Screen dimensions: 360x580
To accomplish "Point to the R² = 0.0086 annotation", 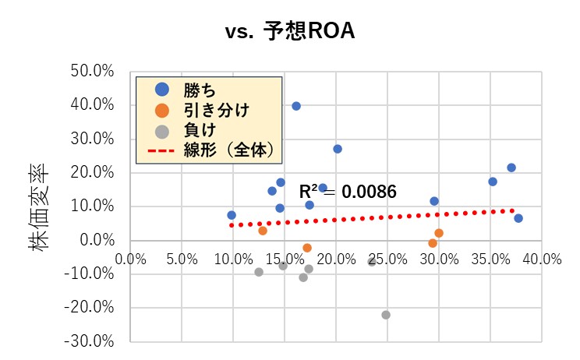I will pyautogui.click(x=348, y=191).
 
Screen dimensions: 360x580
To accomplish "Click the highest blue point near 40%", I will pyautogui.click(x=296, y=106).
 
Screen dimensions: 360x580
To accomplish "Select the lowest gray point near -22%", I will pyautogui.click(x=386, y=315).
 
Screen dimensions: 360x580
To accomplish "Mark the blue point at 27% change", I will pyautogui.click(x=338, y=149).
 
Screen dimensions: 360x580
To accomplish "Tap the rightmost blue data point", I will pyautogui.click(x=518, y=218).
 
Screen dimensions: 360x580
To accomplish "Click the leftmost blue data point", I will pyautogui.click(x=232, y=215).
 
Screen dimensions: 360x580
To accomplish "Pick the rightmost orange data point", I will pyautogui.click(x=439, y=233).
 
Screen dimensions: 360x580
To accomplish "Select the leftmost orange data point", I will pyautogui.click(x=263, y=231).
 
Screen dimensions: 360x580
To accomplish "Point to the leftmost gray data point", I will pyautogui.click(x=259, y=272).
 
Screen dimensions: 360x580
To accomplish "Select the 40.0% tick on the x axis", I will pyautogui.click(x=542, y=258).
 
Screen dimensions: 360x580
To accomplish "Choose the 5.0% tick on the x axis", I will pyautogui.click(x=182, y=258).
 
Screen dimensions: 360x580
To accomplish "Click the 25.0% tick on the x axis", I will pyautogui.click(x=387, y=258).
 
